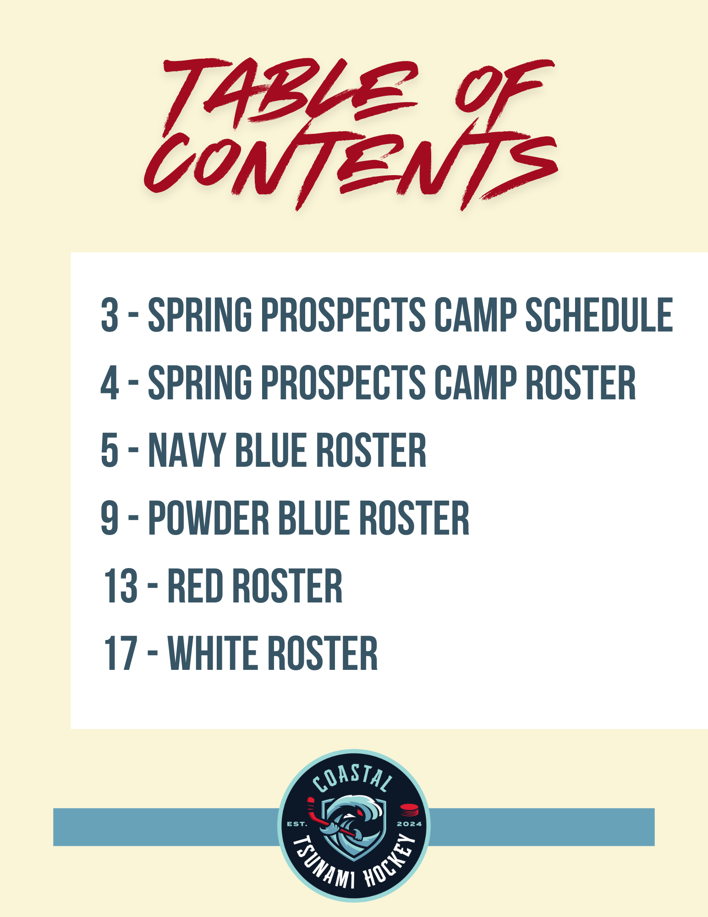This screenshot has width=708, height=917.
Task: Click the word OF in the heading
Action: point(504,94)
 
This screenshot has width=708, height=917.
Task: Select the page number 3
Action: point(110,315)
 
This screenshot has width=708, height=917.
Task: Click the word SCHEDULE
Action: point(599,315)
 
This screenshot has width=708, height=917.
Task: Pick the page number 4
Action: point(110,382)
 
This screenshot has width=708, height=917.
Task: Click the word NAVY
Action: point(187,450)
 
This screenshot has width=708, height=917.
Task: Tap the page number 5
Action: point(110,450)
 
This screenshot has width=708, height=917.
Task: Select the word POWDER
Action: point(209,518)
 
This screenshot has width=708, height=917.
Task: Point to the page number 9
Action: point(110,518)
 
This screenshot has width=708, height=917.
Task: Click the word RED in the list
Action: point(195,586)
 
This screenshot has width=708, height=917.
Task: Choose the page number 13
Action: point(121,586)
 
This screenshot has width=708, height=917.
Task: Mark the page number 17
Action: point(121,653)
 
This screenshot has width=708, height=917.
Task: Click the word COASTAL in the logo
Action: point(353,779)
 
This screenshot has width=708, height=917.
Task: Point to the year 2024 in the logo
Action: point(409,824)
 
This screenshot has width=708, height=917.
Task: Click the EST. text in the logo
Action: point(296,824)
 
